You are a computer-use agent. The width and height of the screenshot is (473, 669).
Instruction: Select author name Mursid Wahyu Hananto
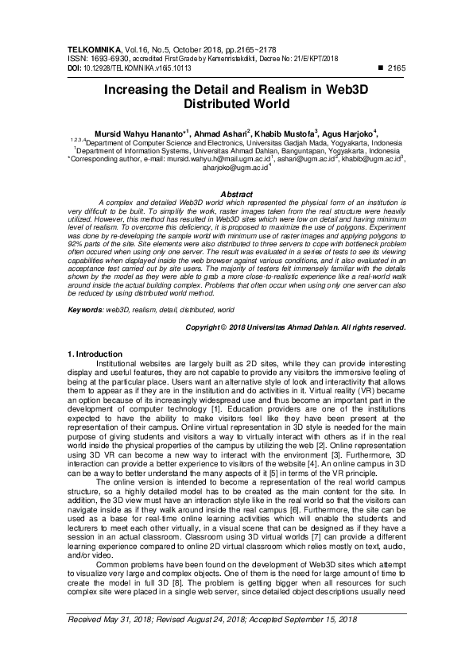pyautogui.click(x=138, y=132)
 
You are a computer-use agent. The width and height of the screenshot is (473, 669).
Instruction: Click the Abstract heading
pyautogui.click(x=236, y=194)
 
